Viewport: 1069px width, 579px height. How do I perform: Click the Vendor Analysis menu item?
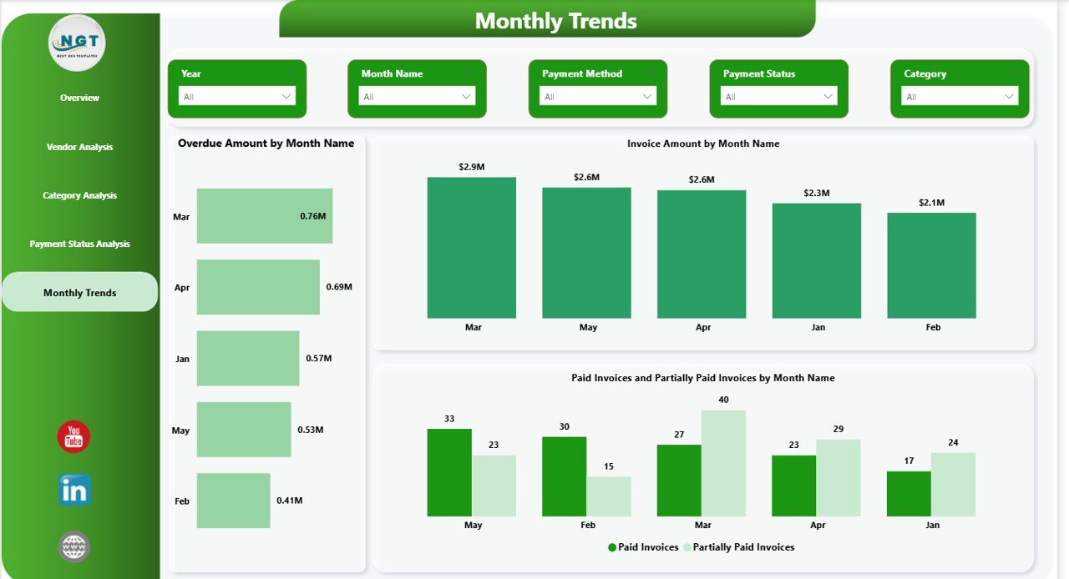(x=79, y=147)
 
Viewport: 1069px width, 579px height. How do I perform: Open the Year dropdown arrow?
(x=286, y=97)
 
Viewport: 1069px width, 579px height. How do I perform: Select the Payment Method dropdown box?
(x=598, y=97)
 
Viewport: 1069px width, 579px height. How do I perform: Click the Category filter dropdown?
(x=960, y=97)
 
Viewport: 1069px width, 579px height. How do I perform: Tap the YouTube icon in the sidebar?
(x=73, y=437)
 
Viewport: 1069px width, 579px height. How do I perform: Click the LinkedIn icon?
(x=74, y=491)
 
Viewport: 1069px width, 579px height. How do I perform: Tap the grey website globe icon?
(x=74, y=546)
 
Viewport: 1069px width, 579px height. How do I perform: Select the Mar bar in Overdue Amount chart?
(x=264, y=216)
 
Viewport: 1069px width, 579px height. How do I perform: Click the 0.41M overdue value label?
(x=290, y=501)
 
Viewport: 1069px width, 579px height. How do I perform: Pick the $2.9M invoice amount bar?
(x=471, y=248)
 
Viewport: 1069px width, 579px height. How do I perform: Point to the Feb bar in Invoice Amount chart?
(x=931, y=265)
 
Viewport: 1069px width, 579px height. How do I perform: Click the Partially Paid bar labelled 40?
(x=723, y=463)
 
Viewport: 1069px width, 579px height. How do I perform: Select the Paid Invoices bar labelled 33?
(x=448, y=472)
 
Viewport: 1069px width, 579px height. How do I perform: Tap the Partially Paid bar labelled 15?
(x=608, y=496)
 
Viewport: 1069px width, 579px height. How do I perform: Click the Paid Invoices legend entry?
(x=643, y=547)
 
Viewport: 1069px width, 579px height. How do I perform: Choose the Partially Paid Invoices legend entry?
(x=739, y=547)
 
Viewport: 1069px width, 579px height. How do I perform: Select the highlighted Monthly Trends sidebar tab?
(x=79, y=293)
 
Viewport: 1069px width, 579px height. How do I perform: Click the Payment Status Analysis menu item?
(x=79, y=244)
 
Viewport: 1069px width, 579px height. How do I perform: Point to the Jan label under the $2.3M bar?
(x=818, y=328)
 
